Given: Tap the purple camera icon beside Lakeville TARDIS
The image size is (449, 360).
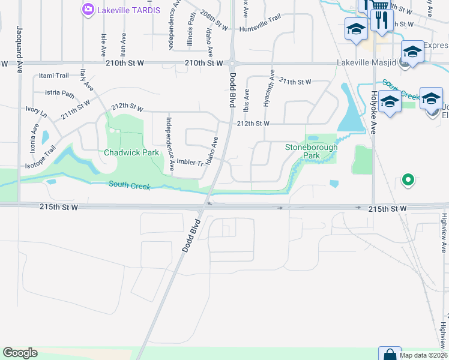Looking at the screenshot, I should pyautogui.click(x=88, y=9).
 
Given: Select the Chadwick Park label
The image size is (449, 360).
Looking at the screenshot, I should pyautogui.click(x=131, y=152).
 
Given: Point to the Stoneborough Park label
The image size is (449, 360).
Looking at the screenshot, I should pyautogui.click(x=311, y=151).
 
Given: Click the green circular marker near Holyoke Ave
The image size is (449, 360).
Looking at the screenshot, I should pyautogui.click(x=408, y=179).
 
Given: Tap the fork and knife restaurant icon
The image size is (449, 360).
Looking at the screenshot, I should pyautogui.click(x=382, y=19).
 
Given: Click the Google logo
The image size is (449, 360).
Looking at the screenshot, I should pyautogui.click(x=20, y=353).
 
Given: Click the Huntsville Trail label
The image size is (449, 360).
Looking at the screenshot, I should pyautogui.click(x=260, y=29).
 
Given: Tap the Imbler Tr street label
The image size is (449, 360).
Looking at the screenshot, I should pyautogui.click(x=187, y=163).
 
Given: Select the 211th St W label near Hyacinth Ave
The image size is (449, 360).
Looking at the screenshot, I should pyautogui.click(x=295, y=82).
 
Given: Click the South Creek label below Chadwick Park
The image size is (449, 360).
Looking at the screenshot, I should pyautogui.click(x=129, y=185).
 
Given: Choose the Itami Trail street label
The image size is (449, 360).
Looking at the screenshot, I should pyautogui.click(x=54, y=76).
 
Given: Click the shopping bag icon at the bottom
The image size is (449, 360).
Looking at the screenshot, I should pyautogui.click(x=389, y=354).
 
